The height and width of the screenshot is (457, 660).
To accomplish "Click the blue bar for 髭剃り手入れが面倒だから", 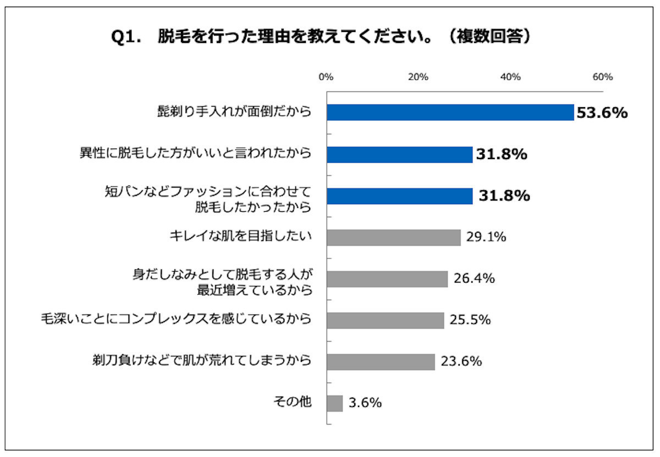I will coord(450,113).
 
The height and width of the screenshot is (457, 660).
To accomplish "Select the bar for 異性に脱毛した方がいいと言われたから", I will coord(399,155).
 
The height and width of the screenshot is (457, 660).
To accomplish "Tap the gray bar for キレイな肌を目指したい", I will coord(393,238).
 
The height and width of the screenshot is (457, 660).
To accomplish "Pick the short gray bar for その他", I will coord(334,403).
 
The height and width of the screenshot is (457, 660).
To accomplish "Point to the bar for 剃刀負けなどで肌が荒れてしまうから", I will coord(381,362).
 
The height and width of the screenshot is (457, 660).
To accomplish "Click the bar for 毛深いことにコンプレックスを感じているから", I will coord(385,320).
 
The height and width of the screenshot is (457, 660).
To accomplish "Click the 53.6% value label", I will coord(602,113).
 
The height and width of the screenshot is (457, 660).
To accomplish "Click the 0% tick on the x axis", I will coord(326,78).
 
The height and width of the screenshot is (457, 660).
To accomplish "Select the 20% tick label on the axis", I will coord(419,78).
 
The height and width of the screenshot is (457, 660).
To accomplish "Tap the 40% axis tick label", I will coord(511,78).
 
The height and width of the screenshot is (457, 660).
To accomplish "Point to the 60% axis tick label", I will coord(603,78).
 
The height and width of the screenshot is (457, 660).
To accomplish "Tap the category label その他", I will coord(293,402).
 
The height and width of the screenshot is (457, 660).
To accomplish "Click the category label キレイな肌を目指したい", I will coord(241,237).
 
